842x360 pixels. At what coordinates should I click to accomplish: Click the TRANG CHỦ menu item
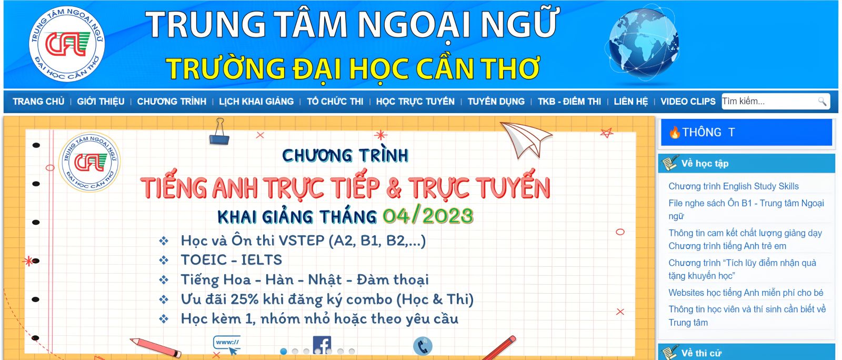[x=38, y=102]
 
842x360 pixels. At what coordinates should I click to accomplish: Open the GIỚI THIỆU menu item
[x=101, y=102]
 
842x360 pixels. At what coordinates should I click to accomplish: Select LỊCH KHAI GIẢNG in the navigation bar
[x=256, y=102]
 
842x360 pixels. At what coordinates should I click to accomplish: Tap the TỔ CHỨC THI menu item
[x=335, y=102]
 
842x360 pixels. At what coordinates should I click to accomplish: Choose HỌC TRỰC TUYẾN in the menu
[x=415, y=102]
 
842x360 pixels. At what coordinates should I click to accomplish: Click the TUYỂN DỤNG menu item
[x=496, y=102]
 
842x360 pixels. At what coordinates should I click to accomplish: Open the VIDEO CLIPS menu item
[x=688, y=102]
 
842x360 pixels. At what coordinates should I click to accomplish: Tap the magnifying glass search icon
[x=822, y=102]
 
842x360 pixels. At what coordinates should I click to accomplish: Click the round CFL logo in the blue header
[x=67, y=44]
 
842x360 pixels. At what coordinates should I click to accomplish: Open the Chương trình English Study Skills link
[x=733, y=186]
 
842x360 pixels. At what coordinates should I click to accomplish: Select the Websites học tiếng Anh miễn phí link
[x=746, y=293]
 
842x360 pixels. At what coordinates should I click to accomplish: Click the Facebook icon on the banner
[x=322, y=345]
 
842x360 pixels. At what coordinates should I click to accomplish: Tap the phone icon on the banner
[x=423, y=346]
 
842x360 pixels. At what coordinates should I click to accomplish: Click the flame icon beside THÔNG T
[x=675, y=133]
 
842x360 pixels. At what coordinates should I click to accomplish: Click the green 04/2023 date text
[x=428, y=216]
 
